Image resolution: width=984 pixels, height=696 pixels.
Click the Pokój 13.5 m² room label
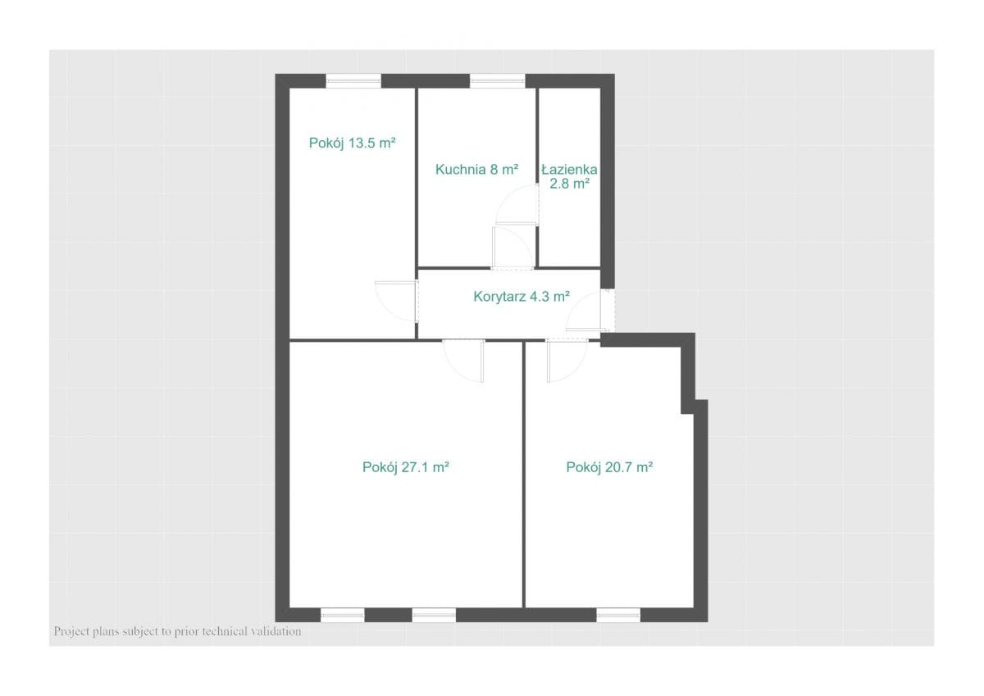353,143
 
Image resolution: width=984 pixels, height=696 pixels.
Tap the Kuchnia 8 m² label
476,170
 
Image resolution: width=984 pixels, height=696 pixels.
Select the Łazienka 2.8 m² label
569,176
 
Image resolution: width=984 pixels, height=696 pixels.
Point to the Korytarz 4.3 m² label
522,297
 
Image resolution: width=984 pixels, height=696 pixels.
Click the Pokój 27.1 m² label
405,467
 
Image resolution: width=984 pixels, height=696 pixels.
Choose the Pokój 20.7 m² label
609,467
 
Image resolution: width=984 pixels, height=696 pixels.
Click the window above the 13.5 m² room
353,81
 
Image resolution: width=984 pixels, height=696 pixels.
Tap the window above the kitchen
498,81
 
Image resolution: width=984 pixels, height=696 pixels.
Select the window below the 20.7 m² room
618,615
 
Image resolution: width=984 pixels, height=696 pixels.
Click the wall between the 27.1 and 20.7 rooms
524,474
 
